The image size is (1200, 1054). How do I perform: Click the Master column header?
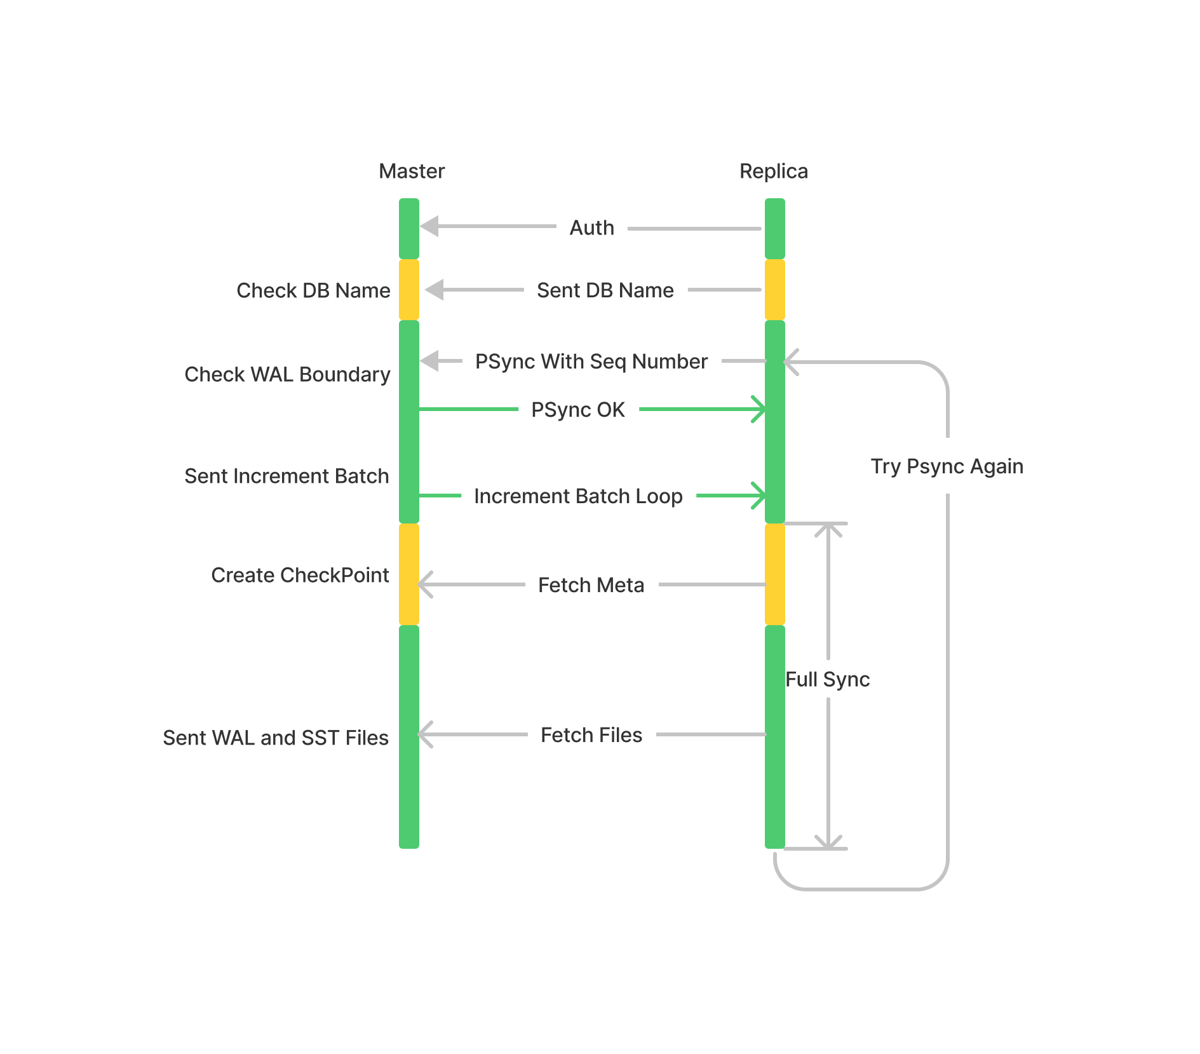coord(412,171)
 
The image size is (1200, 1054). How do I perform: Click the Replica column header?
coord(773,171)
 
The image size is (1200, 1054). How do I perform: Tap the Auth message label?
coord(591,227)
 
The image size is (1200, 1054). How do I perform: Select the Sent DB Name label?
coord(605,290)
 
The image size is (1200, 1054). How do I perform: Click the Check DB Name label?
coord(313,290)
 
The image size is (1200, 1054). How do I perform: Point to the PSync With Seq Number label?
coord(591,361)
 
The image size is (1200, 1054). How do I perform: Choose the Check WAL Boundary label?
coord(287,374)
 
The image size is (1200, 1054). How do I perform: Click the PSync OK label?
coord(577,410)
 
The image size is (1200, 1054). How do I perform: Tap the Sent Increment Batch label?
coord(287,476)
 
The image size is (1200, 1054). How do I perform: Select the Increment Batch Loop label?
coord(578,496)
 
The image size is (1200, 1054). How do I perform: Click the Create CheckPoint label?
coord(300,575)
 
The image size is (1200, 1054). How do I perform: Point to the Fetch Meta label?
coord(591,585)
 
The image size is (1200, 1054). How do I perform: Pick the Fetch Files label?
coord(591,735)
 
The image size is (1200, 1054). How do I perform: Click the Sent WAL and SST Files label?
coord(276,738)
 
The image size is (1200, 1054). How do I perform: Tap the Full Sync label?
coord(827,679)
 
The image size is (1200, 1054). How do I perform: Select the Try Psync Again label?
coord(947,466)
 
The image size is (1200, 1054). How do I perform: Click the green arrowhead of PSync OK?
coord(758,409)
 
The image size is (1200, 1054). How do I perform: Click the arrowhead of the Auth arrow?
coord(430,226)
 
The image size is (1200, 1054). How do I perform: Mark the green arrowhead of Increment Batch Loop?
coord(758,496)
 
